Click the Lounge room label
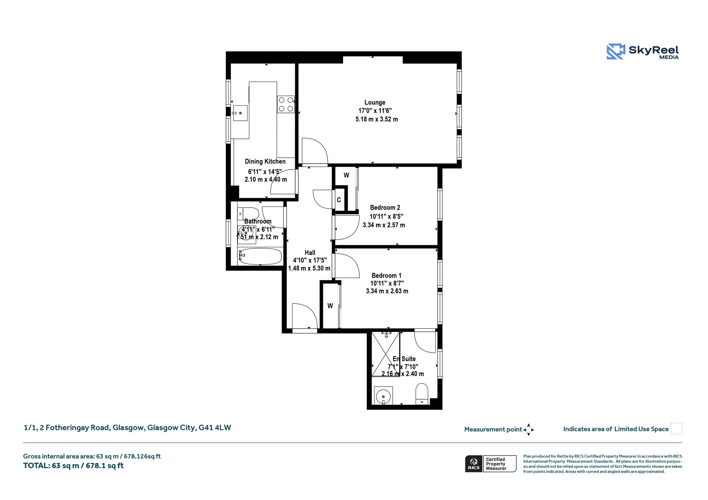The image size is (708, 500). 375,103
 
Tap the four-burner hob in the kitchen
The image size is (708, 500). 286,104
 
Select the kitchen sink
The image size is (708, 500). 240,113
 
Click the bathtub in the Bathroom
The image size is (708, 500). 260,256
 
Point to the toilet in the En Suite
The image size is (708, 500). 422,394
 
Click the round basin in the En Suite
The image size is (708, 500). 383,395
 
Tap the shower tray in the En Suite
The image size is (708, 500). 385,354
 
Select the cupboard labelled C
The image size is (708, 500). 339,200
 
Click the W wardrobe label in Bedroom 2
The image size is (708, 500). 346,175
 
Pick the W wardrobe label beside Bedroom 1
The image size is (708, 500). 330,306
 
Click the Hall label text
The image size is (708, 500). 310,253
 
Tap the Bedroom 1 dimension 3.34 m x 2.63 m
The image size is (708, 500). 387,291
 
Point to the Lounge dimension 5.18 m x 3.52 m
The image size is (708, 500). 376,119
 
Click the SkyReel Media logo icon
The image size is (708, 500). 616,51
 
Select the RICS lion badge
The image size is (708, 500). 474,463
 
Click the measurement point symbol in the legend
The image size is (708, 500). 529,430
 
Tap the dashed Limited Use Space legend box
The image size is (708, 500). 677,429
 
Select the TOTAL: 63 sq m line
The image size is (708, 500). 73,466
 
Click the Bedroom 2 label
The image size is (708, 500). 385,208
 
